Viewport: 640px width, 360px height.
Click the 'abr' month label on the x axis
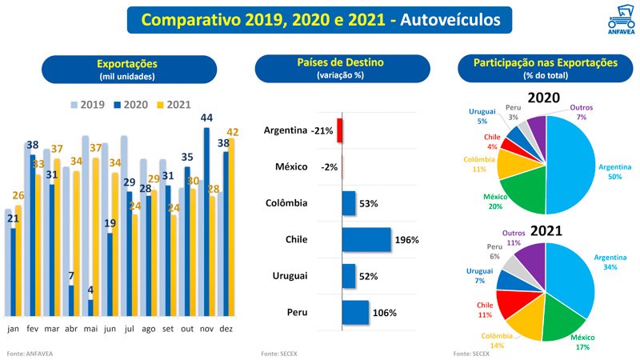[x=71, y=328]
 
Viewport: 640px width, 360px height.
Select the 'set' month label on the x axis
[x=169, y=328]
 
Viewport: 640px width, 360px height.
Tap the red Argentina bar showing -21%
[x=339, y=130]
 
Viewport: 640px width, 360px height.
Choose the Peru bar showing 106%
[x=354, y=313]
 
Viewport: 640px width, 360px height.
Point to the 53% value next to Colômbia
[x=368, y=204]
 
